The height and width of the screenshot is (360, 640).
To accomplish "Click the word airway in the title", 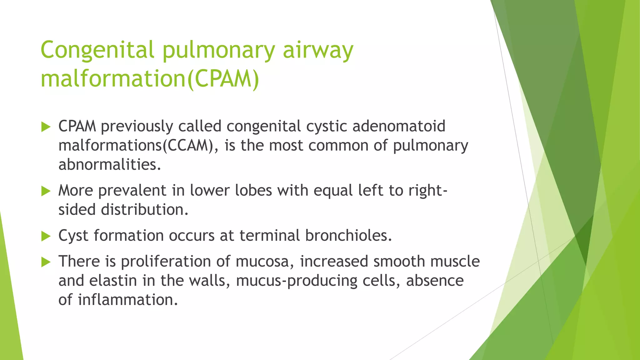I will point(318,50).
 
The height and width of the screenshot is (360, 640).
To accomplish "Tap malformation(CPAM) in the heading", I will point(150,79).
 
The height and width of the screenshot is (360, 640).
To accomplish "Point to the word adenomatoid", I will point(399,126).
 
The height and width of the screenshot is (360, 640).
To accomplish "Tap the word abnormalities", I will point(110,164).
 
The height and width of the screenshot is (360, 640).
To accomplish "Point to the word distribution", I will point(145,209).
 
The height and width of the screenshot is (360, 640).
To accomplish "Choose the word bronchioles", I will point(348,235).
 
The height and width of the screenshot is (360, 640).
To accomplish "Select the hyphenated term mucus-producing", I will point(297,281).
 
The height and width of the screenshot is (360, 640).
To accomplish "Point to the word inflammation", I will point(128,300).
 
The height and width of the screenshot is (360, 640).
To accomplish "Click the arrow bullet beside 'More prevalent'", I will point(46,191).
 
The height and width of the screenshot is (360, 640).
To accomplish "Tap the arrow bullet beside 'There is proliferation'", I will point(46,262).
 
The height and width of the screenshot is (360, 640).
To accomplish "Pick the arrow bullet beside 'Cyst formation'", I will point(46,236).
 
